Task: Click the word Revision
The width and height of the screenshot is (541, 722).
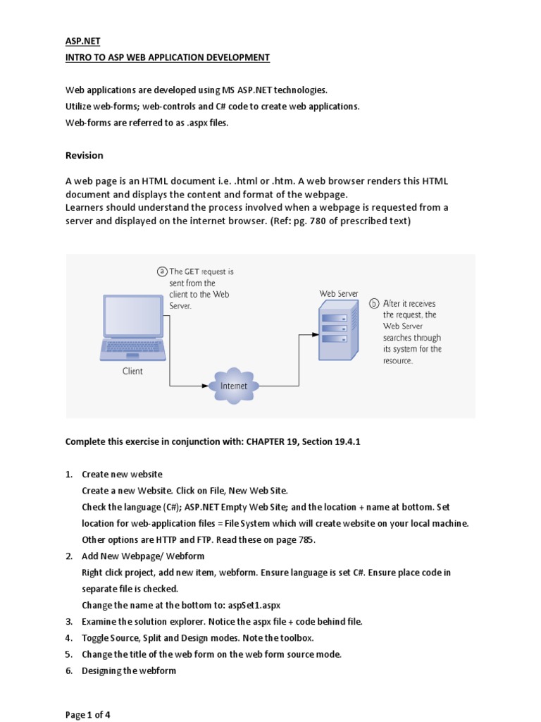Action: click(84, 155)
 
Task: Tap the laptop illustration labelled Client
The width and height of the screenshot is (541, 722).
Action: click(132, 325)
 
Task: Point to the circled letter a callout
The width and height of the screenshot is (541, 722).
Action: click(163, 271)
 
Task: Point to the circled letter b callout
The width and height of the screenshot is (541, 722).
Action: click(375, 304)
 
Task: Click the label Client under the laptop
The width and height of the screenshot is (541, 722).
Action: click(132, 371)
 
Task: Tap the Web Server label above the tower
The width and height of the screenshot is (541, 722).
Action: click(338, 293)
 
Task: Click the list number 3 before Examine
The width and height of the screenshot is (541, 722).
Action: click(69, 621)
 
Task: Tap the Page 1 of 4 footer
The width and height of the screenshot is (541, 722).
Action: click(87, 714)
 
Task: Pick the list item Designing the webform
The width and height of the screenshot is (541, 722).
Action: click(128, 671)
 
